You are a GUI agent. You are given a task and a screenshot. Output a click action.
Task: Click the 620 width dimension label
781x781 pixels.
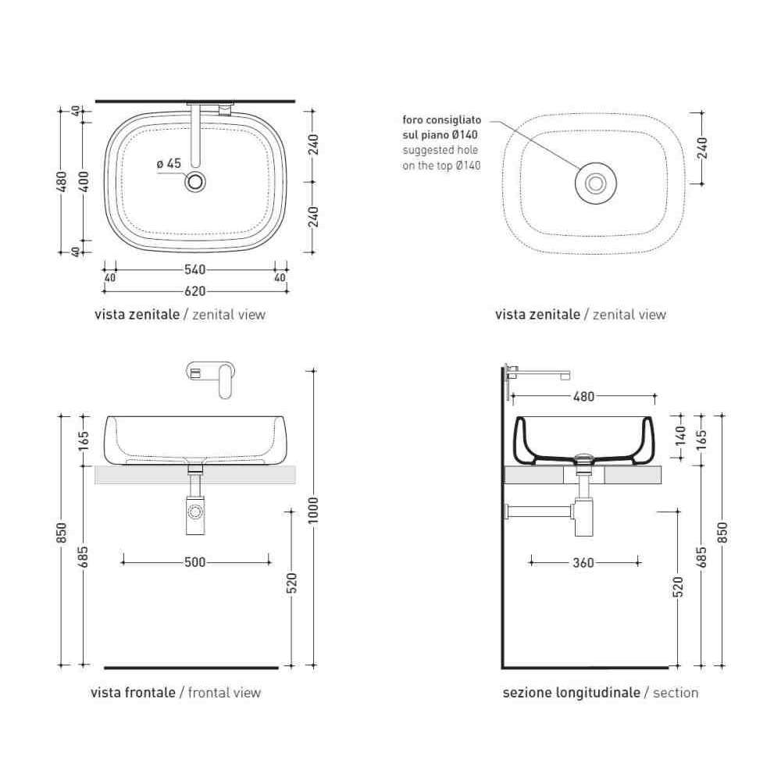(x=194, y=291)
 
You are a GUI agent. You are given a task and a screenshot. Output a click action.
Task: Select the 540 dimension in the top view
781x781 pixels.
(x=194, y=269)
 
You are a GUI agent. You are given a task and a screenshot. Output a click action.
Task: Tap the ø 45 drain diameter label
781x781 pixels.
(x=169, y=163)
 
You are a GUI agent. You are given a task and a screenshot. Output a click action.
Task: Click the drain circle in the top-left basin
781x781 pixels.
(x=194, y=182)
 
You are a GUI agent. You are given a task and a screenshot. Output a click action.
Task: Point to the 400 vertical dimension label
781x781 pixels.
(x=84, y=181)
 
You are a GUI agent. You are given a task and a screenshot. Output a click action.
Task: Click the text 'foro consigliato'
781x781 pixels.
(x=442, y=120)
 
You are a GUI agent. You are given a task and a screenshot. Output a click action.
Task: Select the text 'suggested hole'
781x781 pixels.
(x=440, y=150)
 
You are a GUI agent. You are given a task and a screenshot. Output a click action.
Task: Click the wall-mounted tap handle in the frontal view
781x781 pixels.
(x=226, y=381)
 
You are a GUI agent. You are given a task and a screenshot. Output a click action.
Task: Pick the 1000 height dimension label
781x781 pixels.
(x=313, y=510)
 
